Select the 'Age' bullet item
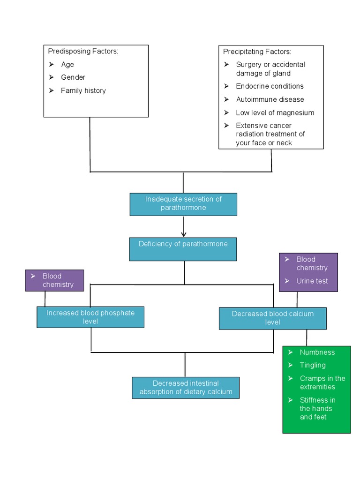point(67,64)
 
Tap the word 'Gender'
point(73,77)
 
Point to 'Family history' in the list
point(83,90)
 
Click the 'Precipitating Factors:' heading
point(257,52)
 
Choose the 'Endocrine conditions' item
point(270,86)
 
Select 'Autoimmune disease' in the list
point(270,99)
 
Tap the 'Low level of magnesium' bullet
point(275,112)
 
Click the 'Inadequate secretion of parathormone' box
point(183,204)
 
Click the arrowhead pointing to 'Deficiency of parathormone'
point(183,234)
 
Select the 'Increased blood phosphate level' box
point(90,317)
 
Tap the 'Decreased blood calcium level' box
point(272,318)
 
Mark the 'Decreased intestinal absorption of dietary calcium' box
point(186,388)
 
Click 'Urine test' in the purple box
point(312,281)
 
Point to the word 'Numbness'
point(317,352)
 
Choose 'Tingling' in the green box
point(313,365)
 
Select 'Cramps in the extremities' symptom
point(322,382)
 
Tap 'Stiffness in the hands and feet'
point(317,408)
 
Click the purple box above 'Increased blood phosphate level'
point(54,280)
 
